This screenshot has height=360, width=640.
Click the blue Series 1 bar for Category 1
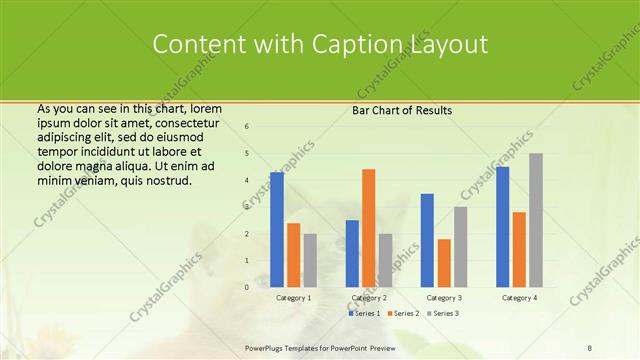tap(277, 230)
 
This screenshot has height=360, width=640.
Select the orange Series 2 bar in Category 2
tap(369, 228)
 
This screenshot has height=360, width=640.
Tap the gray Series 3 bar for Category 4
tap(536, 220)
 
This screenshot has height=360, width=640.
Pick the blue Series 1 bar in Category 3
tap(427, 240)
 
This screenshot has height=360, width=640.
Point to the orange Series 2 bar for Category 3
tap(444, 263)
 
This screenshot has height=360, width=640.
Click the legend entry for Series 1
tap(364, 313)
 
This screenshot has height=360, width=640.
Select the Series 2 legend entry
tap(403, 313)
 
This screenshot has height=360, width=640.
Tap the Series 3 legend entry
tap(443, 313)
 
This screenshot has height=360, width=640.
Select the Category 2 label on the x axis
tap(369, 298)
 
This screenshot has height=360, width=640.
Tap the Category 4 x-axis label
tap(519, 298)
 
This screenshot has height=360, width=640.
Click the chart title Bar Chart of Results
tap(402, 110)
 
